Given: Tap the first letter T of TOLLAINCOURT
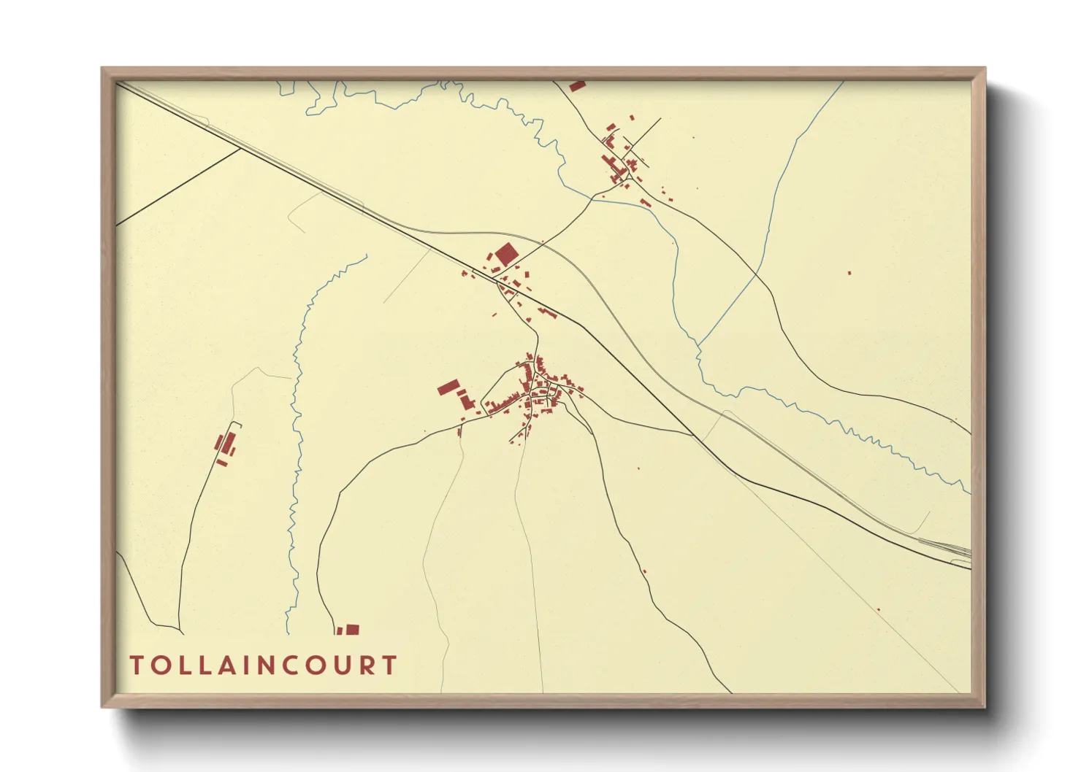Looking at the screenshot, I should tap(137, 665).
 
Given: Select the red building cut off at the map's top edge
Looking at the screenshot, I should tap(577, 85).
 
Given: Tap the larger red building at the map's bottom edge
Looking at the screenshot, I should tap(353, 630).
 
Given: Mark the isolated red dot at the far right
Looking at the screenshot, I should tap(849, 273).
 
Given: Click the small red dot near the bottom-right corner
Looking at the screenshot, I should tap(878, 610).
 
